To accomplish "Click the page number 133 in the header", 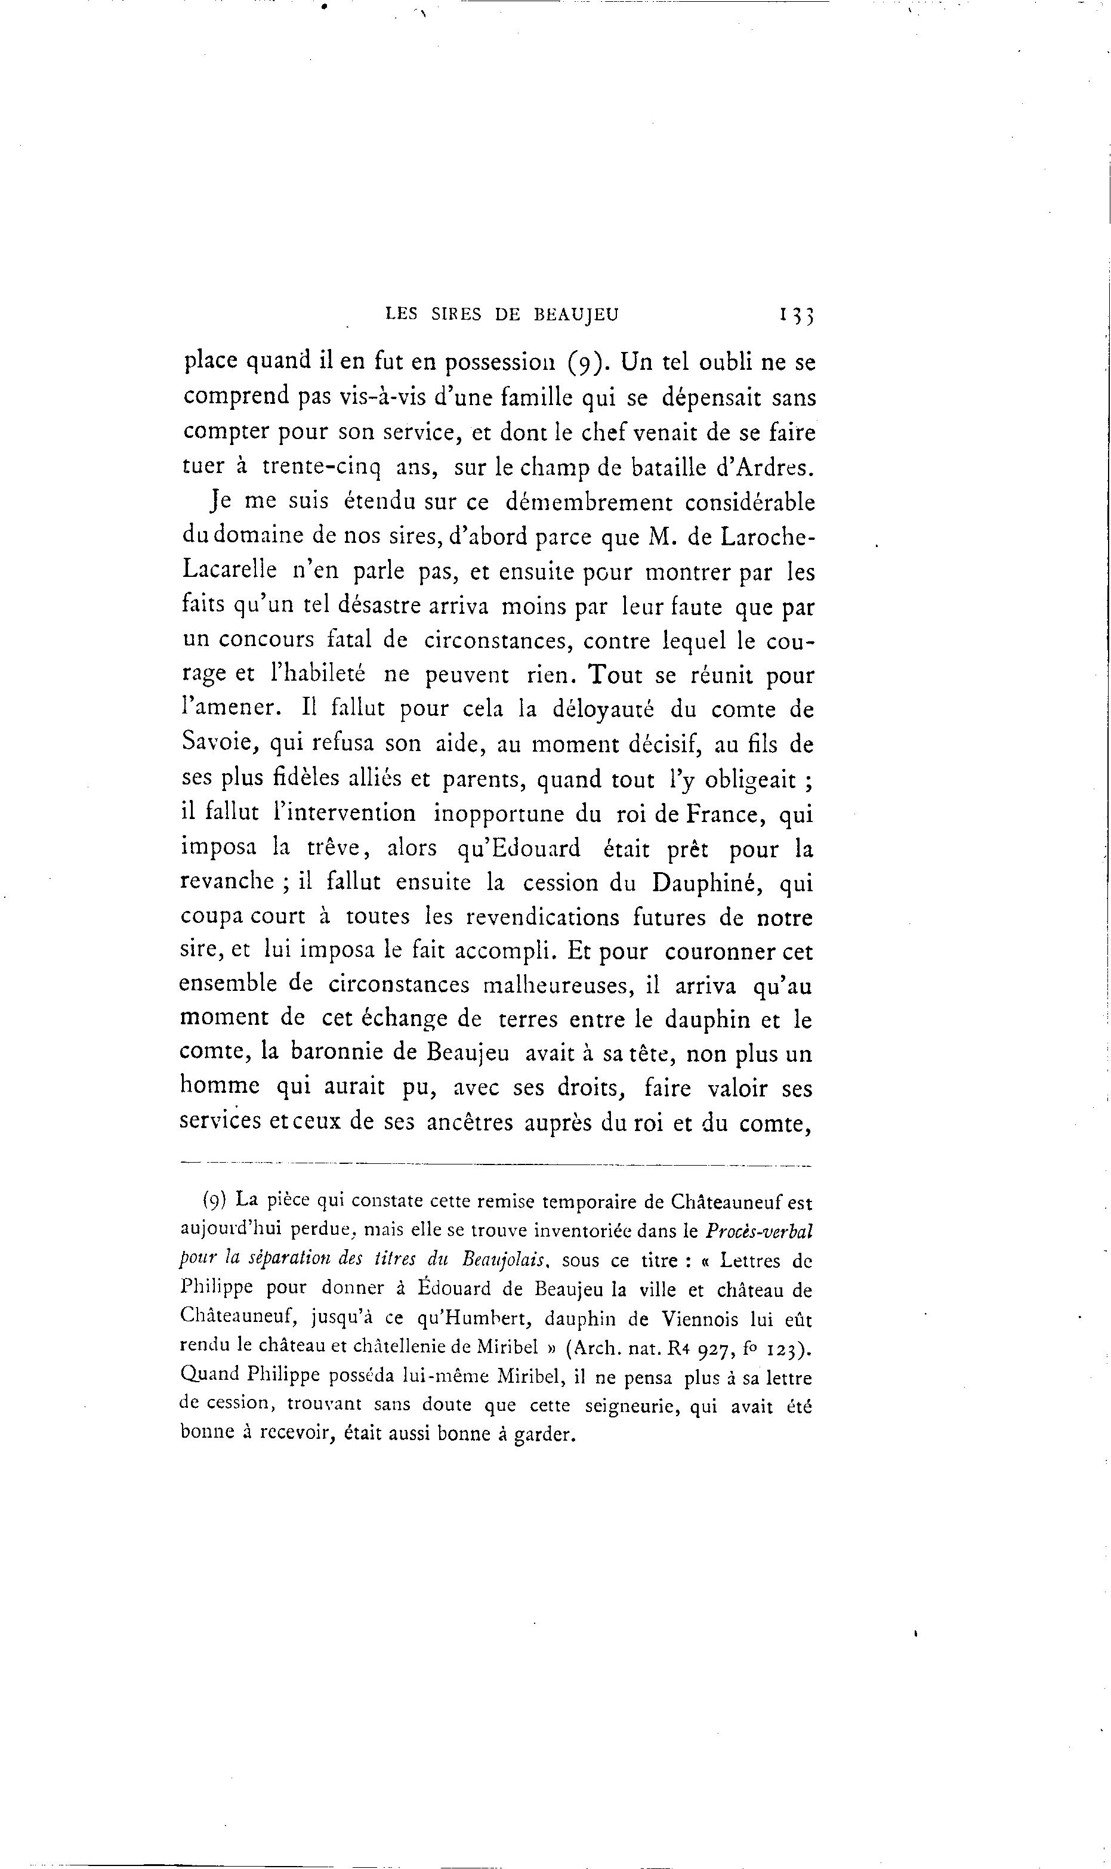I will coord(795,316).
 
